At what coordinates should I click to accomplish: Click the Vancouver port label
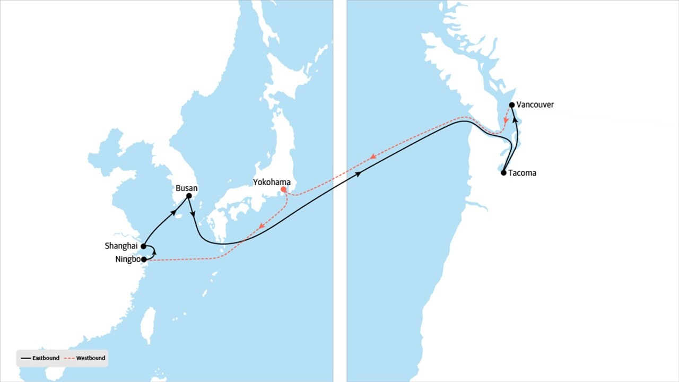click(x=535, y=105)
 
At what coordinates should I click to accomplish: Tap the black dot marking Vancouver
click(x=511, y=105)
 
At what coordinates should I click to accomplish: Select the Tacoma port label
click(x=522, y=173)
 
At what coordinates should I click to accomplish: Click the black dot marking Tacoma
click(x=503, y=172)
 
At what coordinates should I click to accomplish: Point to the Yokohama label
click(x=272, y=182)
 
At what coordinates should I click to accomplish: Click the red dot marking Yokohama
click(x=284, y=189)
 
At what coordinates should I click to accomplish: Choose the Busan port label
click(x=187, y=188)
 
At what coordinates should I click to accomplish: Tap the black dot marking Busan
click(x=189, y=196)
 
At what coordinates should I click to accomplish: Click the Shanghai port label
click(x=121, y=246)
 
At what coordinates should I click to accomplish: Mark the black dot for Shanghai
click(x=144, y=246)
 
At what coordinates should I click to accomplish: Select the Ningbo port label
click(x=128, y=259)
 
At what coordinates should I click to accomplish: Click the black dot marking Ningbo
click(x=144, y=259)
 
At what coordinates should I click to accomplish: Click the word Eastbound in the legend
click(x=46, y=358)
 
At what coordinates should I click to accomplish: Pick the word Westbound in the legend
click(x=91, y=358)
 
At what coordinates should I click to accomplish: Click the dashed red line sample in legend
click(x=68, y=359)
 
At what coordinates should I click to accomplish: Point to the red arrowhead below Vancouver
click(x=506, y=121)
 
